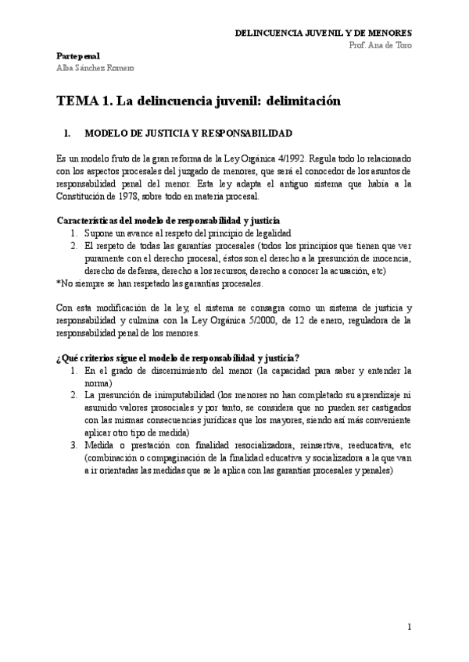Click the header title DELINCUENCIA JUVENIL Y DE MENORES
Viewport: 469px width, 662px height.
click(324, 33)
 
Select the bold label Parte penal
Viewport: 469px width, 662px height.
click(78, 56)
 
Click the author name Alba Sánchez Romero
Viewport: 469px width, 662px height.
click(95, 68)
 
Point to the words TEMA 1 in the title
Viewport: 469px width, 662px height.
click(83, 101)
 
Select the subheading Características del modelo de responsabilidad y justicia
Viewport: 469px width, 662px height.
click(169, 221)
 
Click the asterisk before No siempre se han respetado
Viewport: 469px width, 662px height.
click(59, 283)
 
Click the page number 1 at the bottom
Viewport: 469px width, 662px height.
click(409, 627)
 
